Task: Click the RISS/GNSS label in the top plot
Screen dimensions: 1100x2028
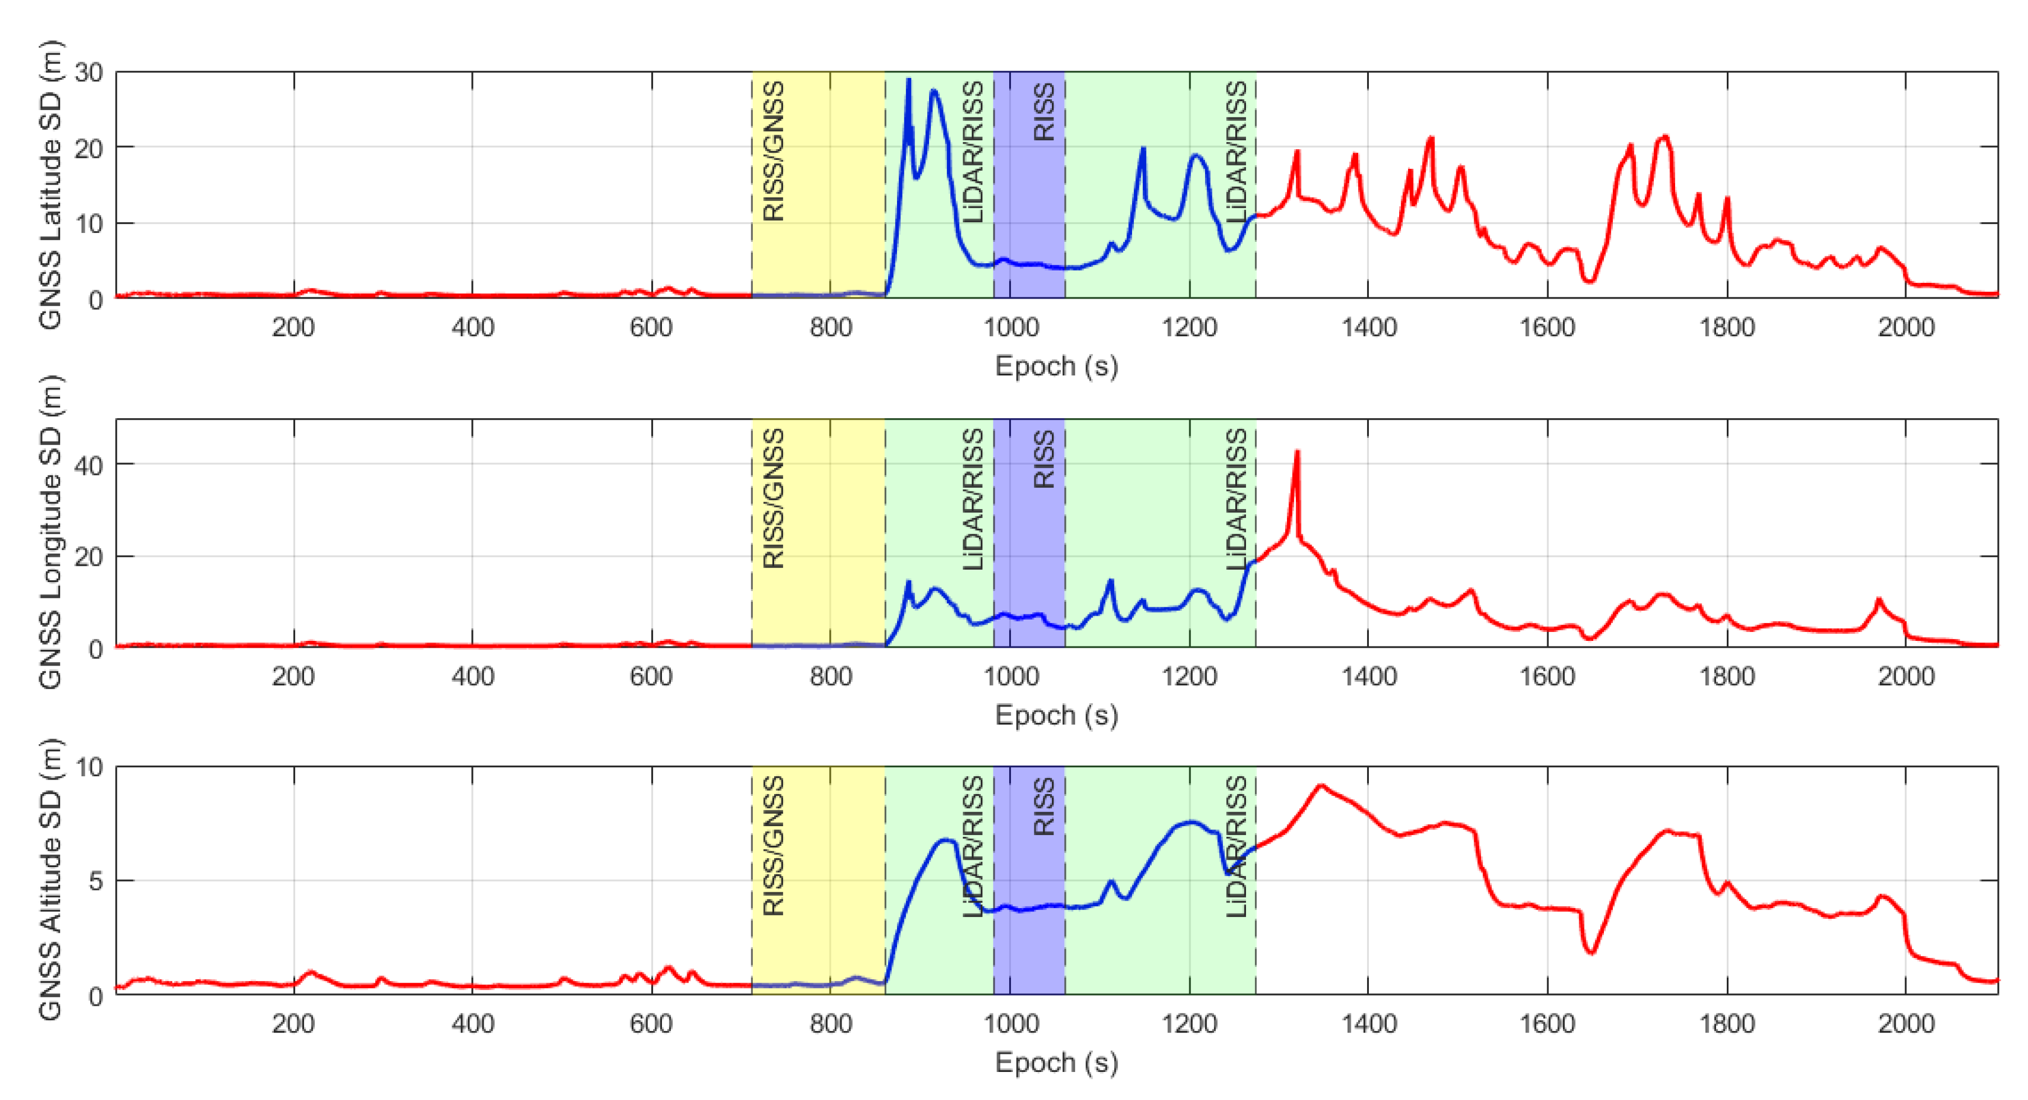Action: click(x=774, y=151)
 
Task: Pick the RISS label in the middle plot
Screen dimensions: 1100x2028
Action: click(x=1043, y=460)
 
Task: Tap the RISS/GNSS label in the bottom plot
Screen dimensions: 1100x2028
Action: click(x=774, y=846)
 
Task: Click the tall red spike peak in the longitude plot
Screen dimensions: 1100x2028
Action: click(x=1296, y=453)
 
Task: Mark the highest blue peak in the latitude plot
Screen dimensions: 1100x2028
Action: click(x=908, y=80)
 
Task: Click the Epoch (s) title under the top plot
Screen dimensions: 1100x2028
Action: click(x=1056, y=366)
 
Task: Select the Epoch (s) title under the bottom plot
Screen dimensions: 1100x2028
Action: click(x=1056, y=1063)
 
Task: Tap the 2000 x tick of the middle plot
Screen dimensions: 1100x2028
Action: click(x=1905, y=676)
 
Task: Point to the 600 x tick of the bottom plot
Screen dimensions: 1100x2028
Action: click(x=651, y=1024)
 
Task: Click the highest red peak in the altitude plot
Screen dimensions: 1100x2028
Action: click(x=1321, y=786)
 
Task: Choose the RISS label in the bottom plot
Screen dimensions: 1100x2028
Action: click(x=1043, y=807)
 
